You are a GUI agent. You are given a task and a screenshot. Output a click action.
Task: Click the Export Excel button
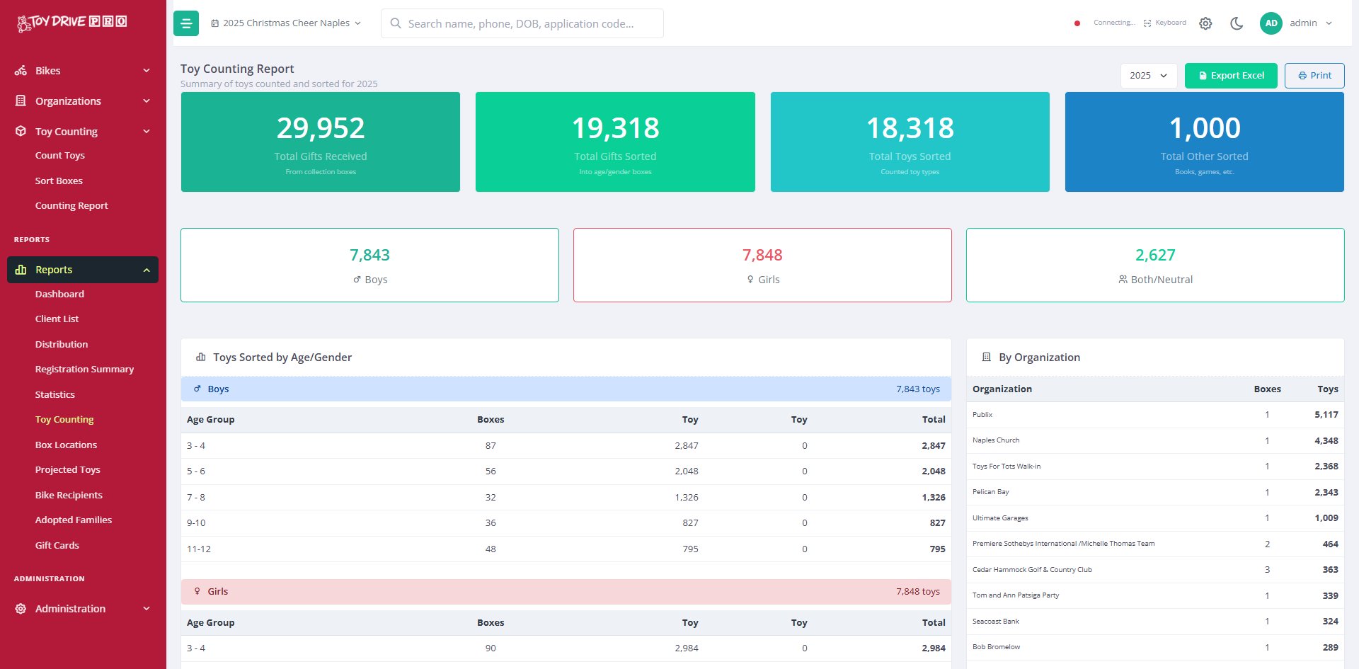tap(1231, 76)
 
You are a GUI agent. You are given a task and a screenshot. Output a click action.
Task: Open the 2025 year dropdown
tap(1148, 76)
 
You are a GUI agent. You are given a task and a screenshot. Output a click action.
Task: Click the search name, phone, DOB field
tap(522, 23)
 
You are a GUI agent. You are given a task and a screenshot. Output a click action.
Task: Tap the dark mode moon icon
tap(1237, 23)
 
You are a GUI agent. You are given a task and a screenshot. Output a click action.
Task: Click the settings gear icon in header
tap(1205, 23)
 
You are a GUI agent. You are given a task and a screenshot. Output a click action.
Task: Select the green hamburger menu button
tap(186, 23)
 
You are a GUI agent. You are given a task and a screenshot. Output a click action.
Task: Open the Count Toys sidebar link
tap(60, 156)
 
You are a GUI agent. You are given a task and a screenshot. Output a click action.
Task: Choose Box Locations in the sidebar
tap(66, 445)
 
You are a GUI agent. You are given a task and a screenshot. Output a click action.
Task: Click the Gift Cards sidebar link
tap(57, 545)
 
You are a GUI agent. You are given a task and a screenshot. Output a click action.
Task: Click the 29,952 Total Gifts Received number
tap(321, 128)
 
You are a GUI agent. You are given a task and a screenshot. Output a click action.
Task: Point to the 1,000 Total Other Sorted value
tap(1205, 128)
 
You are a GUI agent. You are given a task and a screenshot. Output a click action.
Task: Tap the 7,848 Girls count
tap(762, 255)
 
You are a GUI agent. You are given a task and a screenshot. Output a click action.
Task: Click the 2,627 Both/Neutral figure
tap(1155, 255)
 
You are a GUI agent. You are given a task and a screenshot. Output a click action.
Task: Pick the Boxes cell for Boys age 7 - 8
tap(491, 497)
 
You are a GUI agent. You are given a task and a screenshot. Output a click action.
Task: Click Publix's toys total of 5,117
tap(1326, 415)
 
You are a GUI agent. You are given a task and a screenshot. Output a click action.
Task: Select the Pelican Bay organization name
tap(991, 492)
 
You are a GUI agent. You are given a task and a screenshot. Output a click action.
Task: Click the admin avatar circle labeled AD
tap(1271, 23)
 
